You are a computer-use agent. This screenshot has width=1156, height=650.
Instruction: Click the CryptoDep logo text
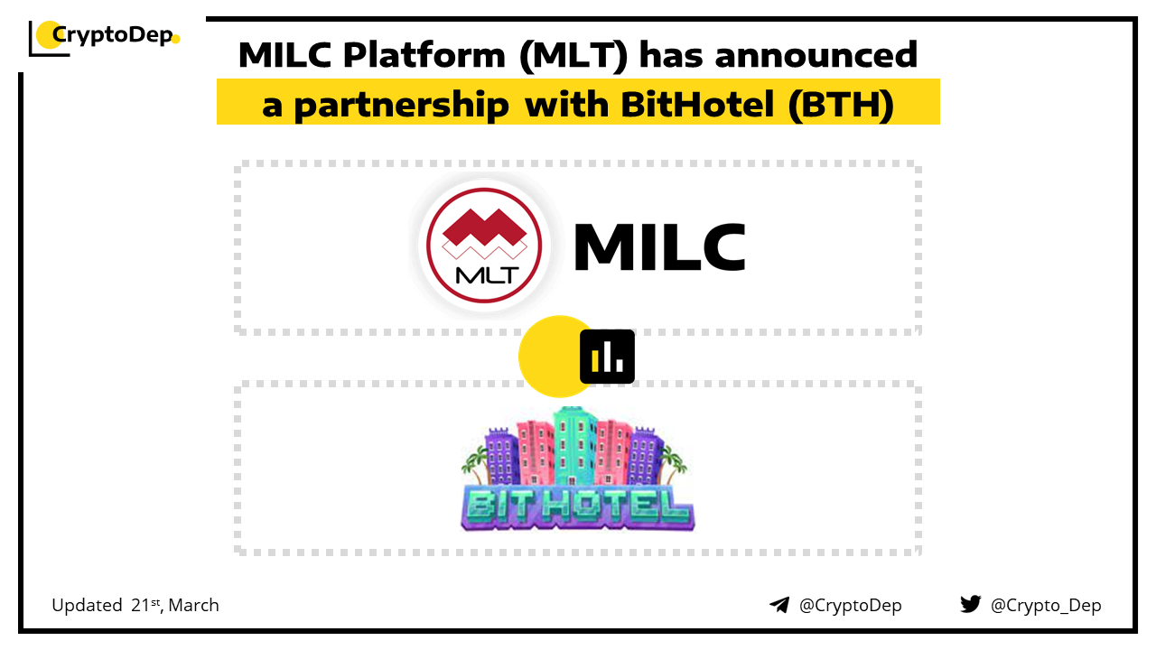(113, 35)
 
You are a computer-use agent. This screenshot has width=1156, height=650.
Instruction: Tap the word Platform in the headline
(424, 55)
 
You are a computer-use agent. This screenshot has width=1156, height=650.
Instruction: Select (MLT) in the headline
(573, 56)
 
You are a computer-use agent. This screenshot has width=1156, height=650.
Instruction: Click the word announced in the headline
(816, 55)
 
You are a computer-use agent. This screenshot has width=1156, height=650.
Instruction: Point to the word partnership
(401, 106)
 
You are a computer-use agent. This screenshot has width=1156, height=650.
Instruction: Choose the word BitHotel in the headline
(697, 104)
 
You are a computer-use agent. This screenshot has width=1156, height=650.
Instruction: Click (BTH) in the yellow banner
(841, 106)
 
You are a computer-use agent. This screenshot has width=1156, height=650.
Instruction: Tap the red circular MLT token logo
(484, 245)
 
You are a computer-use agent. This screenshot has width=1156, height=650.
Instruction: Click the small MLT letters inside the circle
(487, 275)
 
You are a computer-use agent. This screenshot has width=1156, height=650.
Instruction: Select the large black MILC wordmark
(660, 246)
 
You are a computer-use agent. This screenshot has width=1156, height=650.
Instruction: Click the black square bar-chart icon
(607, 357)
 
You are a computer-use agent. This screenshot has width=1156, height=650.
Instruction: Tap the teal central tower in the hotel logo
(575, 446)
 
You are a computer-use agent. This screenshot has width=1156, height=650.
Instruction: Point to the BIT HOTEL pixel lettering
(577, 508)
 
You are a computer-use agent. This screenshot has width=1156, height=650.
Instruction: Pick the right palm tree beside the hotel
(674, 464)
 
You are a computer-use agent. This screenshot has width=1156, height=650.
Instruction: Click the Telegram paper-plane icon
(779, 605)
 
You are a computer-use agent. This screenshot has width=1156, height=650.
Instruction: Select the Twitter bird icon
(970, 604)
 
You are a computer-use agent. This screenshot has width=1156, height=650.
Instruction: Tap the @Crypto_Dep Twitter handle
(1046, 606)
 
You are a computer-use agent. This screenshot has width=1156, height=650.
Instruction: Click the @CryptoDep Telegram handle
(850, 606)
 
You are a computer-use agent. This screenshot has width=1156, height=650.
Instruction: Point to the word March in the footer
(193, 605)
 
